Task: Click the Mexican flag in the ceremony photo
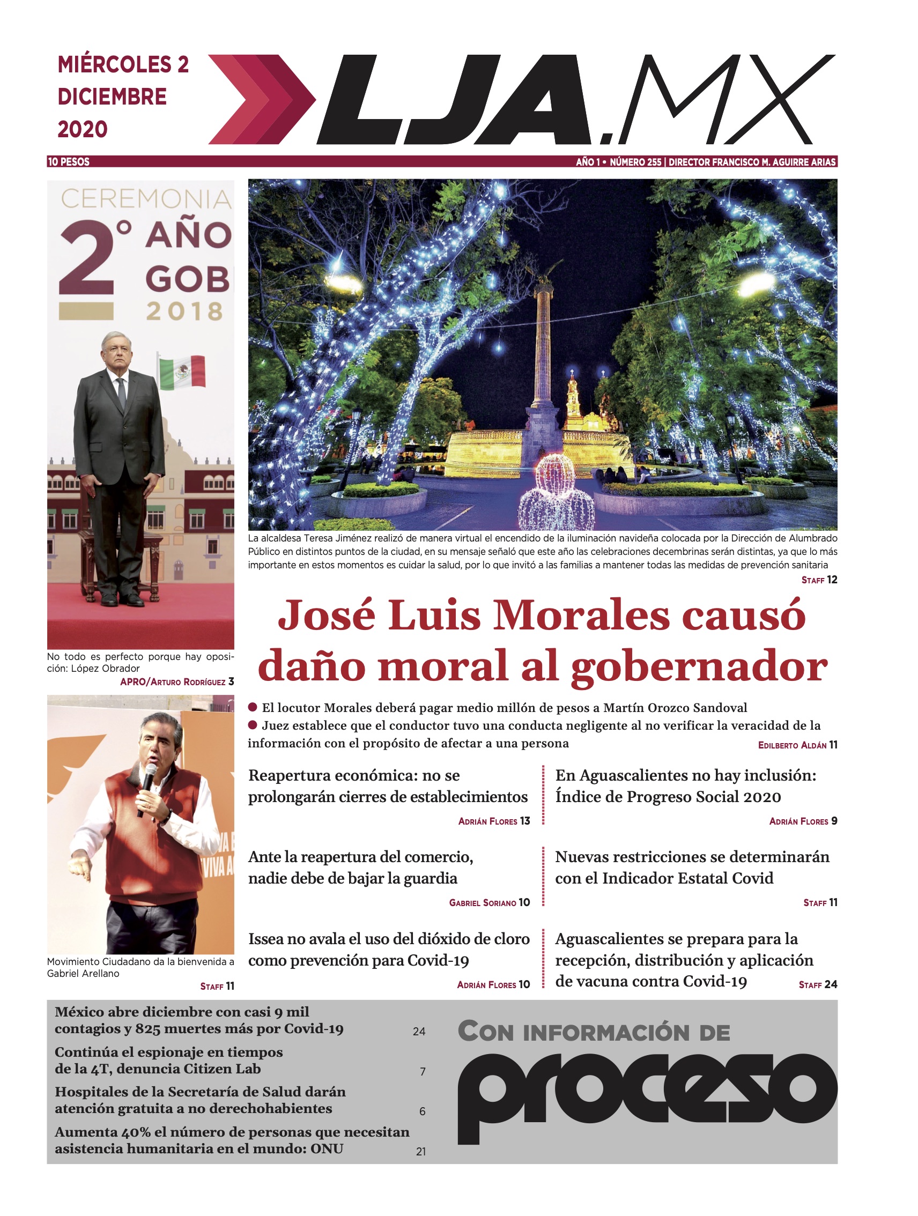pyautogui.click(x=182, y=372)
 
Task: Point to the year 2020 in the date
pyautogui.click(x=83, y=130)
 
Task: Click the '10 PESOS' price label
pyautogui.click(x=69, y=161)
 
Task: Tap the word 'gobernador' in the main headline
pyautogui.click(x=699, y=666)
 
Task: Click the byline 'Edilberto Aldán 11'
pyautogui.click(x=797, y=745)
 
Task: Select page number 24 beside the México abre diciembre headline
pyautogui.click(x=419, y=1031)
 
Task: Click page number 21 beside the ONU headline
pyautogui.click(x=420, y=1151)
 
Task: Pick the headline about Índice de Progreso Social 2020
pyautogui.click(x=685, y=785)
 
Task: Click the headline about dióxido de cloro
pyautogui.click(x=389, y=950)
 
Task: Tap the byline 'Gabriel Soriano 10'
pyautogui.click(x=489, y=903)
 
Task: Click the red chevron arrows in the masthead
pyautogui.click(x=261, y=100)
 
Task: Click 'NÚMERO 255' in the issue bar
pyautogui.click(x=635, y=161)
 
